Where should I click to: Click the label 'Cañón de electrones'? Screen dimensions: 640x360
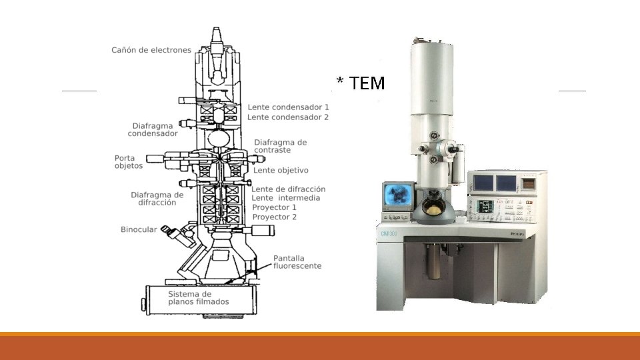click(151, 50)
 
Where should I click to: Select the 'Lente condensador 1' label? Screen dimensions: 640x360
click(288, 107)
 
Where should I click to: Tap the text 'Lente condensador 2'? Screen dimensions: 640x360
click(288, 117)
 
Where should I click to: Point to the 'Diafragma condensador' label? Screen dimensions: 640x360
click(153, 130)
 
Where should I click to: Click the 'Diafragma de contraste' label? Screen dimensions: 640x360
click(281, 146)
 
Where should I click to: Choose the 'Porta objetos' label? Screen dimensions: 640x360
click(129, 162)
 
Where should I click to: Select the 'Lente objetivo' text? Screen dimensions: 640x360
click(281, 171)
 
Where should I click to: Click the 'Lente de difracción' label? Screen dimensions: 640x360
click(288, 189)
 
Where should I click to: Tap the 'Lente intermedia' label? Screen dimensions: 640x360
click(286, 198)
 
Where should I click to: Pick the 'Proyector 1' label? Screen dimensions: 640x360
click(274, 207)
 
